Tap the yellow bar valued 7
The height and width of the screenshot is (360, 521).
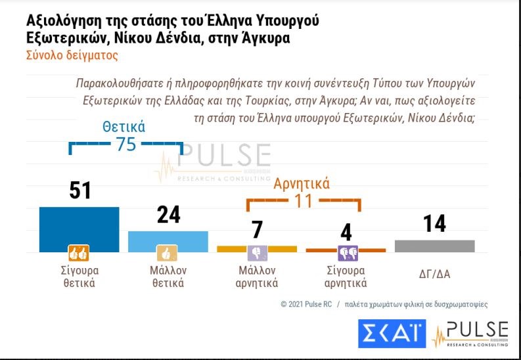[x=257, y=248]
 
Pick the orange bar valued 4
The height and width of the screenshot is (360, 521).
[x=346, y=250]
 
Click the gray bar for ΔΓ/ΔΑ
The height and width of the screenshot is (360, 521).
[x=434, y=246]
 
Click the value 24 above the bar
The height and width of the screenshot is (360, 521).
[x=168, y=215]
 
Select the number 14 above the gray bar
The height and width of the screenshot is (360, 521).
[x=434, y=223]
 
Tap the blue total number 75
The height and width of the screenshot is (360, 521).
[x=125, y=145]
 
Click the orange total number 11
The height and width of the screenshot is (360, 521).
[x=303, y=200]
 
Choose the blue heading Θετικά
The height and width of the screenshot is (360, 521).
[x=124, y=127]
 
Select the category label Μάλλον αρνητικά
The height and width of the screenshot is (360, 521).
[x=257, y=277]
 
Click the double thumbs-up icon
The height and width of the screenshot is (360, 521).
[x=79, y=252]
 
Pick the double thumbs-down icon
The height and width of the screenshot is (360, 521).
[x=346, y=252]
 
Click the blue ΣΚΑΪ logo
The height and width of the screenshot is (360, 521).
[x=392, y=334]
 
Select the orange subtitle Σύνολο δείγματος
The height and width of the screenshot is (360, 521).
[x=72, y=56]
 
